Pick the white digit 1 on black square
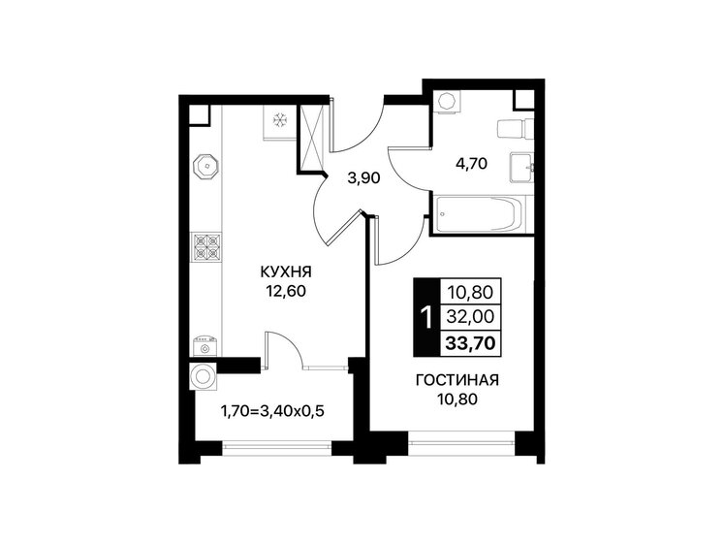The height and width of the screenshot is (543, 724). (425, 315)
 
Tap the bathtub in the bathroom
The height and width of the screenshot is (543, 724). (479, 214)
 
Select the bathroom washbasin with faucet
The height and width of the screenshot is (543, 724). (522, 168)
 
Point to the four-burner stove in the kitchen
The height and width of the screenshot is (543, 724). (205, 248)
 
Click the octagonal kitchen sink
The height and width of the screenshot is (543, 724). (205, 167)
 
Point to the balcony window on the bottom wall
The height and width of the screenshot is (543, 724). (275, 447)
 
